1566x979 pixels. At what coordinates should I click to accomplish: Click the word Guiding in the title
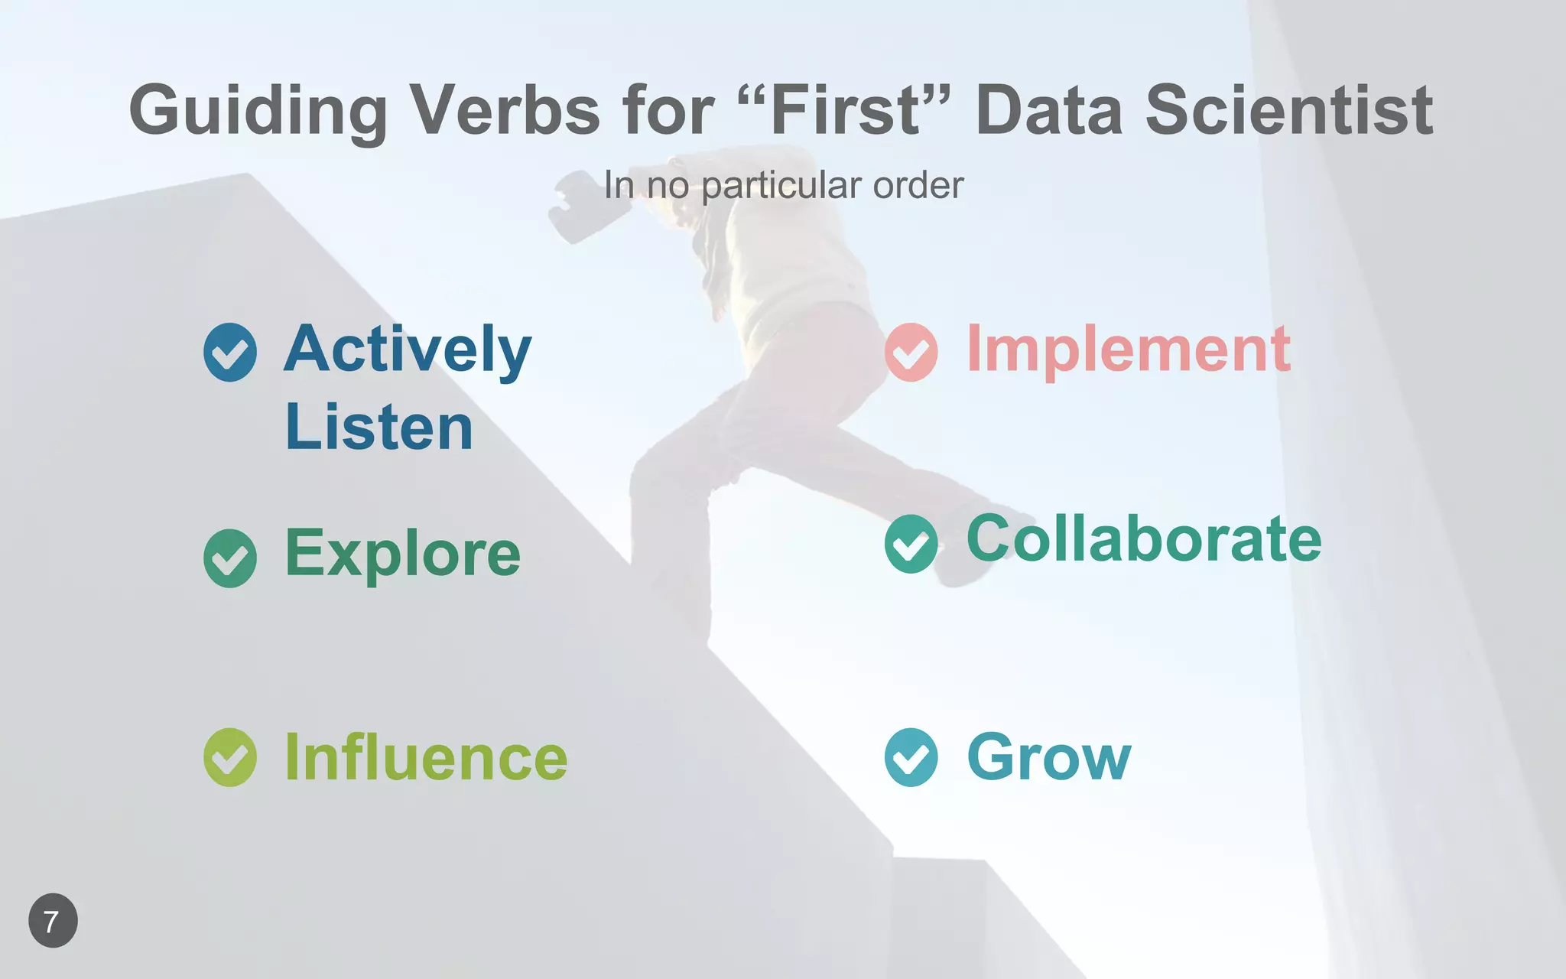[x=258, y=111]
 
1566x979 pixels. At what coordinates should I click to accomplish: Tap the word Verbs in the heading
[x=505, y=111]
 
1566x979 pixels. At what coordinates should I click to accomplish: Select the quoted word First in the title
[x=847, y=111]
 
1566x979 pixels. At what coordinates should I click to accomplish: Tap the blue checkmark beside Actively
[x=230, y=352]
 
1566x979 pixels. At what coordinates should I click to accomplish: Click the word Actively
[x=408, y=350]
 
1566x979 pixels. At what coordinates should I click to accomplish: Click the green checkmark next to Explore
[x=230, y=558]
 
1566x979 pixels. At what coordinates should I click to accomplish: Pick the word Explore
[x=403, y=554]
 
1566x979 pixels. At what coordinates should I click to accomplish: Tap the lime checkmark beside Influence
[x=230, y=757]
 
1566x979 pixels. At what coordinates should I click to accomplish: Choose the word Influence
[x=426, y=757]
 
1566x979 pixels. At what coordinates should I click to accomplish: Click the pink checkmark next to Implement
[x=911, y=352]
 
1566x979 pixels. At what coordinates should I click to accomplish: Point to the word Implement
[x=1129, y=350]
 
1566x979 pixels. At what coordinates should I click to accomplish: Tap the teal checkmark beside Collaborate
[x=911, y=544]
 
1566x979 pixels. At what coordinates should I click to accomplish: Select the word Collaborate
[x=1144, y=539]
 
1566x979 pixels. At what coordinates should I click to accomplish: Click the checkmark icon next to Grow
[x=911, y=757]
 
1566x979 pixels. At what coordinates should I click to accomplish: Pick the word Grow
[x=1049, y=757]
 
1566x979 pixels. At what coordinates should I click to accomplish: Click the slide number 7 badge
[x=53, y=921]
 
